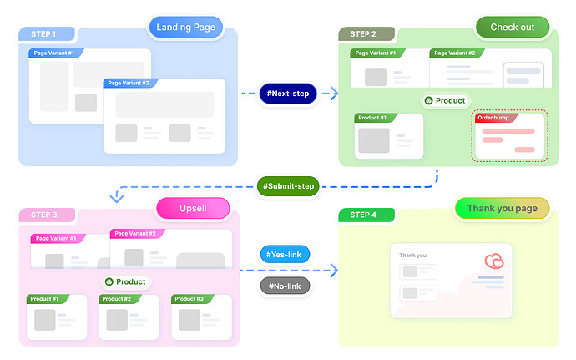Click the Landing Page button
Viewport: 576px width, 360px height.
coord(186,27)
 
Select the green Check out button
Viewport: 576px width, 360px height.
coord(512,27)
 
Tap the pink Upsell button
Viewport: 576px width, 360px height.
coord(193,207)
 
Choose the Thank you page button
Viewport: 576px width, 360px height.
coord(502,208)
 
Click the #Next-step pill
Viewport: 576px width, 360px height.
coord(288,94)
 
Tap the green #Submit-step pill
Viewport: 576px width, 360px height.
coord(288,185)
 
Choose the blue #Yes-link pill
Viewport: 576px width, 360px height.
coord(285,254)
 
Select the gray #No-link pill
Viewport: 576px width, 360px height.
coord(285,286)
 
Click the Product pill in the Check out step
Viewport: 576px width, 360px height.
coord(445,101)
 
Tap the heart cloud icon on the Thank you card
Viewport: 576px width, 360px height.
coord(494,261)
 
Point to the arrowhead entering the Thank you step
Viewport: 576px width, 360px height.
coord(334,270)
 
